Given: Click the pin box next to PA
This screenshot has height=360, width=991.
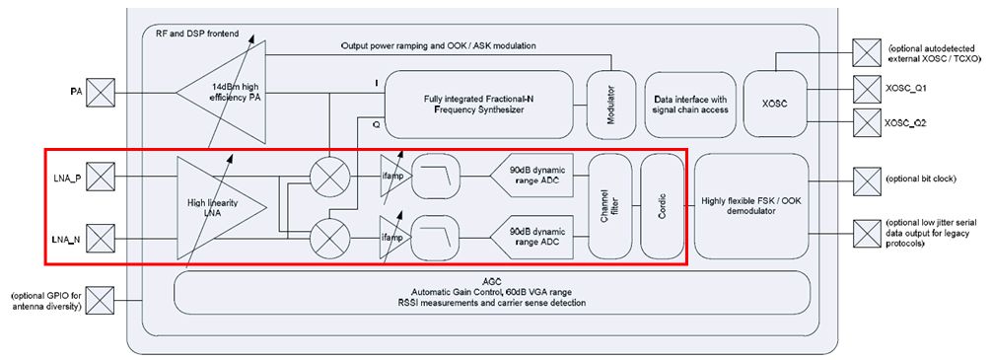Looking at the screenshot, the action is pyautogui.click(x=100, y=93).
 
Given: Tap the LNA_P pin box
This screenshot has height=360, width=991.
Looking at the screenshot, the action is pyautogui.click(x=100, y=177).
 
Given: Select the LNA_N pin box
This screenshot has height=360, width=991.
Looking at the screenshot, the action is pyautogui.click(x=100, y=240).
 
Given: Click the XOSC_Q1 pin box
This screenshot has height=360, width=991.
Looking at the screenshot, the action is pyautogui.click(x=867, y=89).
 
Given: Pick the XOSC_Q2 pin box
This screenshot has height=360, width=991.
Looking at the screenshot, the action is pyautogui.click(x=867, y=122).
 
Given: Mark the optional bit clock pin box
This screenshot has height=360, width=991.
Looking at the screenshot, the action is pyautogui.click(x=867, y=180).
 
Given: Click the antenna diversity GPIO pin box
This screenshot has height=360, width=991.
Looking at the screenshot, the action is pyautogui.click(x=100, y=301).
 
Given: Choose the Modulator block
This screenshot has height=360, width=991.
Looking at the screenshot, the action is pyautogui.click(x=610, y=105).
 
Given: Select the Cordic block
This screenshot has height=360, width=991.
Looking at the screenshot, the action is pyautogui.click(x=663, y=206).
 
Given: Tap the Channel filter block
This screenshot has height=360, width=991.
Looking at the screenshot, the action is pyautogui.click(x=610, y=206).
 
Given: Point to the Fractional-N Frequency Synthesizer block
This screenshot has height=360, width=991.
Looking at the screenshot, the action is pyautogui.click(x=479, y=105).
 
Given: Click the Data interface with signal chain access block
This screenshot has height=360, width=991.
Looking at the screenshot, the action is pyautogui.click(x=690, y=105).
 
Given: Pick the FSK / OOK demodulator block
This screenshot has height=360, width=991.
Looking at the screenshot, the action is pyautogui.click(x=751, y=206).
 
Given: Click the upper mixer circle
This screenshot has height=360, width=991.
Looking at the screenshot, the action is pyautogui.click(x=330, y=176).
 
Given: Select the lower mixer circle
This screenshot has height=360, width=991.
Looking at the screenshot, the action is pyautogui.click(x=330, y=238).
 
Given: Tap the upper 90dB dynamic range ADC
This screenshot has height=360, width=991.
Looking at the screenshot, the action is pyautogui.click(x=531, y=176).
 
